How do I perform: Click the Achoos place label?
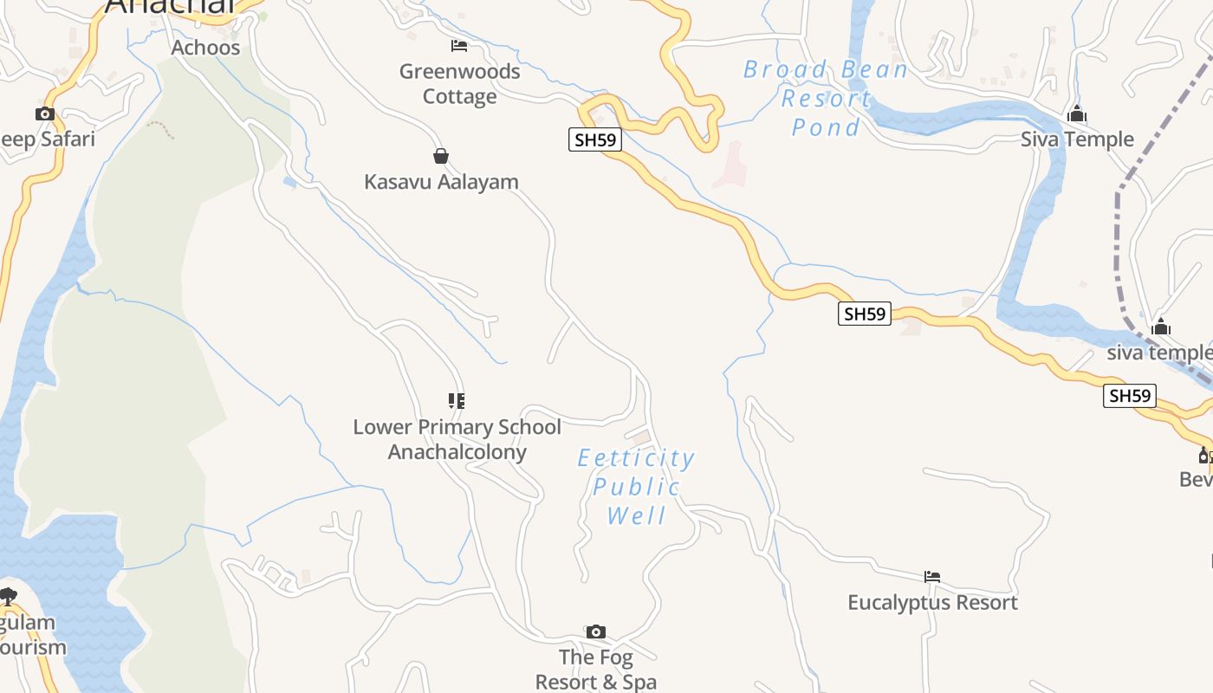click(205, 48)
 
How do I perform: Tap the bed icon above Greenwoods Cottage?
click(459, 46)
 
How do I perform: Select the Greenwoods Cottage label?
click(459, 84)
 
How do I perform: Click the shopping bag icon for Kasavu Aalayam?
click(441, 156)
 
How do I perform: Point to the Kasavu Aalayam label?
click(441, 182)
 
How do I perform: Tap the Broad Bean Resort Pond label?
click(825, 98)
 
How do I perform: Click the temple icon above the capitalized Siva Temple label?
click(1077, 113)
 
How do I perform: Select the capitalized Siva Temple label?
click(1077, 139)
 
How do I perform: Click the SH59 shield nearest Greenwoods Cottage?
click(595, 139)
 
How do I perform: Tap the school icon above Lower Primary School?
click(457, 400)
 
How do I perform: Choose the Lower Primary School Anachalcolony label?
click(457, 439)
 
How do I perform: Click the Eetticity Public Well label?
click(637, 487)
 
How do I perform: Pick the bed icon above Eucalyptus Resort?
click(932, 576)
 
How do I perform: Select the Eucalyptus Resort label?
click(932, 602)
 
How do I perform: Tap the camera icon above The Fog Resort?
click(595, 631)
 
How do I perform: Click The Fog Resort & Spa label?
click(595, 670)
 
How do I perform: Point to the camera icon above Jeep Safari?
click(44, 113)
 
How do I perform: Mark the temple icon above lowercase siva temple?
click(1161, 327)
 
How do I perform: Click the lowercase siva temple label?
click(1159, 353)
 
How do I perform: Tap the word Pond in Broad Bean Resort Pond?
click(825, 127)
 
